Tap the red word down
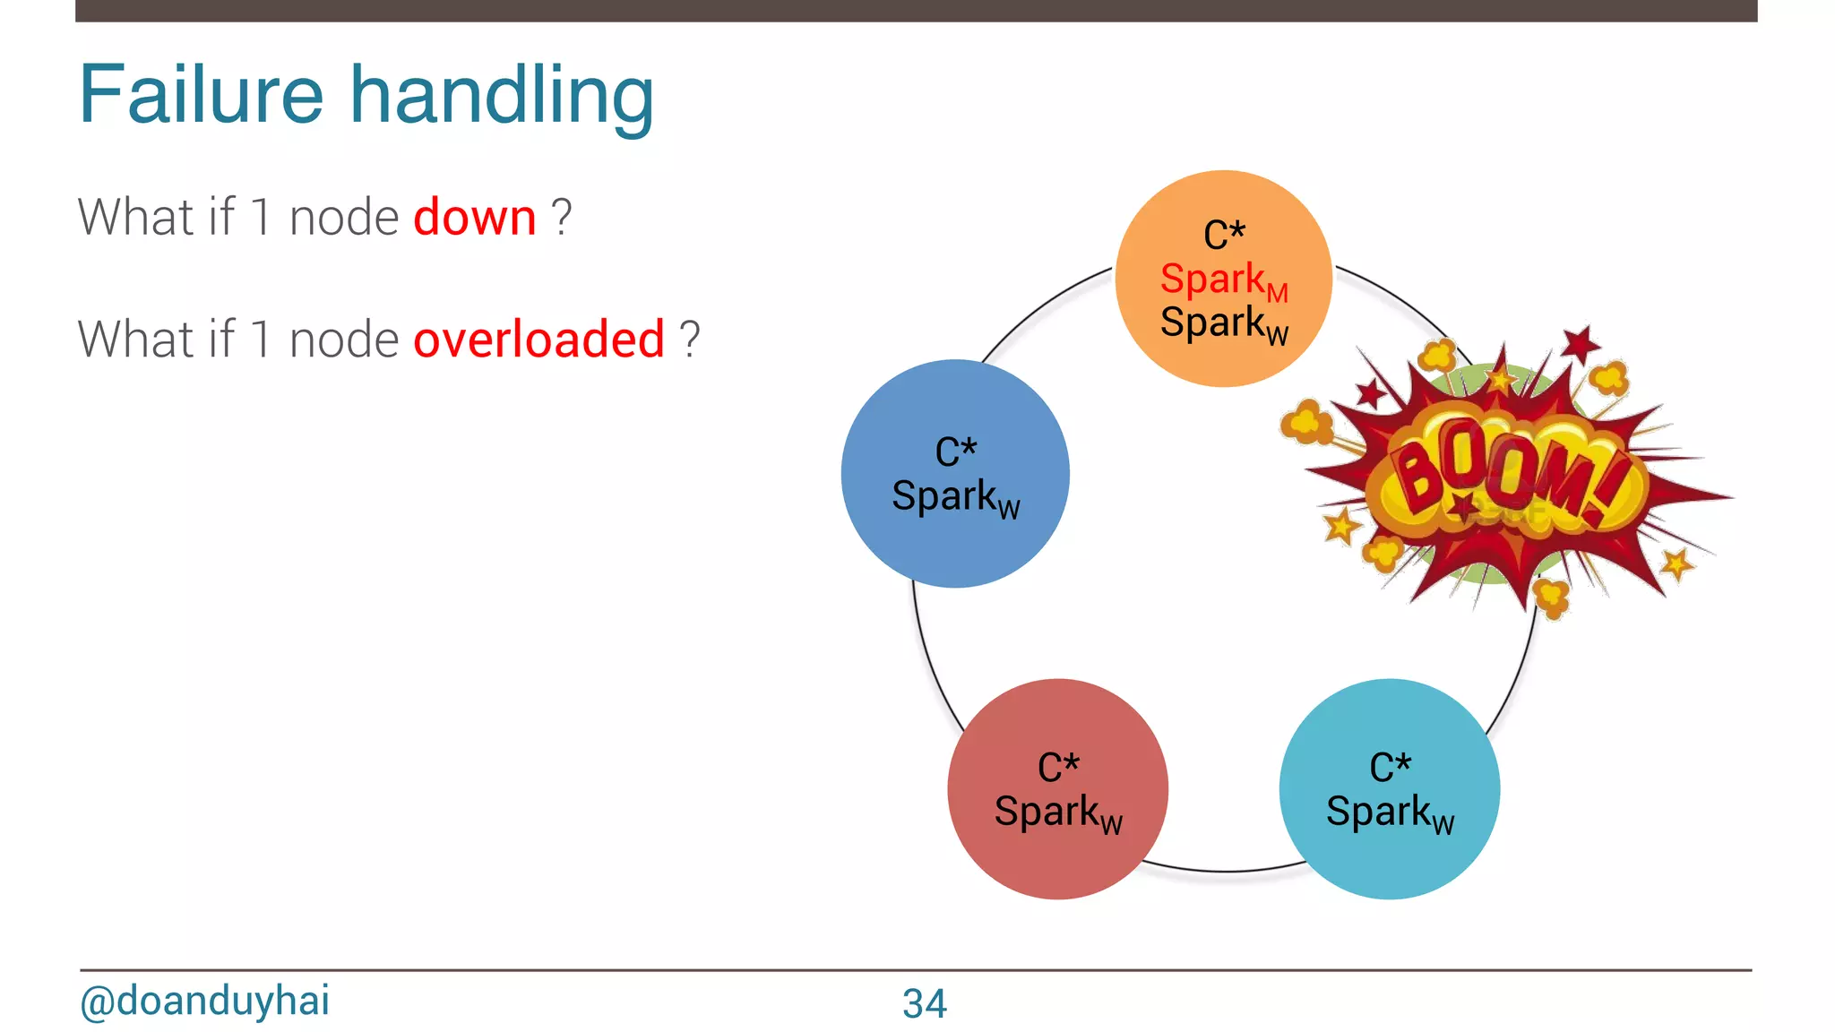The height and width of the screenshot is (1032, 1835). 475,218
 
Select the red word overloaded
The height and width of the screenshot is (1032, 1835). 538,340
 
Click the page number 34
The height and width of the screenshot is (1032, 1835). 924,1003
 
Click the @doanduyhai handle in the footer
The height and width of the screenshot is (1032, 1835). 204,1001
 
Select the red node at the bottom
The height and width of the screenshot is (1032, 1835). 1057,860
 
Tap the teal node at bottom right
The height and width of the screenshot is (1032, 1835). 1389,860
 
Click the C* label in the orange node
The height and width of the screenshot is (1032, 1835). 1224,236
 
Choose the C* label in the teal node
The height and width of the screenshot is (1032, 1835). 1390,767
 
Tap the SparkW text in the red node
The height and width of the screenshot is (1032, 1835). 1057,813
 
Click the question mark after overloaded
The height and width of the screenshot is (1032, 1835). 689,340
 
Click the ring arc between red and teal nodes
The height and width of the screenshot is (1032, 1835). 1224,870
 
